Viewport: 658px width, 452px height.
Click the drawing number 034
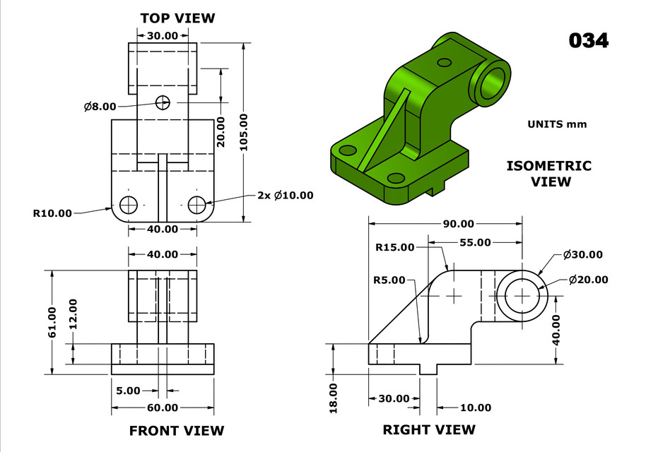point(588,40)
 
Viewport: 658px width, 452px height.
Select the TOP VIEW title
point(177,18)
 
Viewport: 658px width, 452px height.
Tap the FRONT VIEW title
point(176,430)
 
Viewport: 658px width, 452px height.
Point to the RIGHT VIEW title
point(429,429)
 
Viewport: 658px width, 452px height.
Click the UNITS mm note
point(557,124)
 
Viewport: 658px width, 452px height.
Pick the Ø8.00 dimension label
point(100,107)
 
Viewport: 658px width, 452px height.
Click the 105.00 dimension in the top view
point(244,132)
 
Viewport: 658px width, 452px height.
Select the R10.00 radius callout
point(52,213)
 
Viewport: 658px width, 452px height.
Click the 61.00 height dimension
point(52,323)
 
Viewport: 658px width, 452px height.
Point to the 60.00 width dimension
point(163,408)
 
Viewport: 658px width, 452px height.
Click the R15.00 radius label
point(395,247)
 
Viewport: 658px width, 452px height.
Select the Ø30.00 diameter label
point(583,254)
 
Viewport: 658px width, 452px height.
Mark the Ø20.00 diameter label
point(588,279)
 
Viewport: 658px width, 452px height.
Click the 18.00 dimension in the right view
point(334,398)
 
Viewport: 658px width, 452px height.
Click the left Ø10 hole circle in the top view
point(129,205)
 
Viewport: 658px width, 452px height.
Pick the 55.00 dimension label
point(475,242)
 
